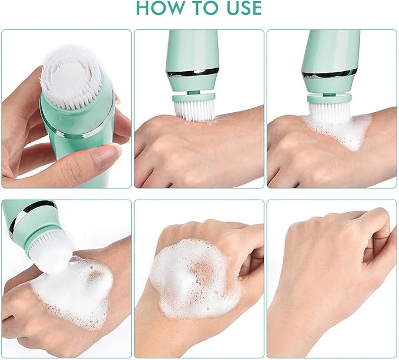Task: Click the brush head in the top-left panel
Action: pyautogui.click(x=71, y=76)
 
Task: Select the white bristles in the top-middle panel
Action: pyautogui.click(x=195, y=110)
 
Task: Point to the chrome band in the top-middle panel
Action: pyautogui.click(x=193, y=73)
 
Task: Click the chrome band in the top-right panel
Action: pyautogui.click(x=329, y=73)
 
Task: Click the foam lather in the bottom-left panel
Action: pyautogui.click(x=74, y=292)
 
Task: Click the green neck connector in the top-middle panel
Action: pyautogui.click(x=193, y=93)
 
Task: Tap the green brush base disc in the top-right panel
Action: pyautogui.click(x=329, y=98)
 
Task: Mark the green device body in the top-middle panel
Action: pyautogui.click(x=192, y=61)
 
